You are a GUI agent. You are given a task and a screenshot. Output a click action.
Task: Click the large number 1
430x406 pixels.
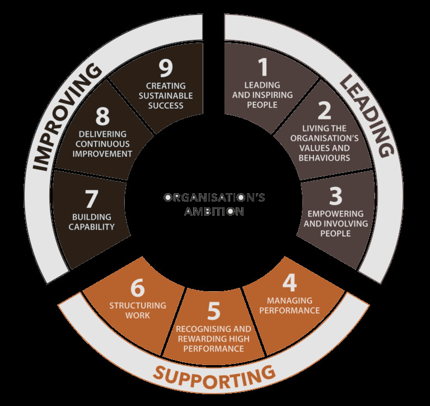[x=263, y=67]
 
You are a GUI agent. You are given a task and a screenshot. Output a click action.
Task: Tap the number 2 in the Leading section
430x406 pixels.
[x=324, y=110]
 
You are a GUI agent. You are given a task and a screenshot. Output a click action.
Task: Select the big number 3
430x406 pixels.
[x=336, y=196]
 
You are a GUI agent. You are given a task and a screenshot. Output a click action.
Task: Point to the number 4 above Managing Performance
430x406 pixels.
[x=289, y=283]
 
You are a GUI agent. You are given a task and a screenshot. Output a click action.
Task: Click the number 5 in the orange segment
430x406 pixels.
[x=214, y=311]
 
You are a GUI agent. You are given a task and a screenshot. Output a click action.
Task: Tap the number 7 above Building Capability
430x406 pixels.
[x=92, y=199]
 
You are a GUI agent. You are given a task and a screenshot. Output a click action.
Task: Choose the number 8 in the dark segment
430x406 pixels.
[x=102, y=116]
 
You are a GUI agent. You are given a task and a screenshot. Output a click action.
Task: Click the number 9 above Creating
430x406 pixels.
[x=166, y=68]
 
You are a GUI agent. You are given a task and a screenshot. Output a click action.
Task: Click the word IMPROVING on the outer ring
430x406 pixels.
[x=66, y=116]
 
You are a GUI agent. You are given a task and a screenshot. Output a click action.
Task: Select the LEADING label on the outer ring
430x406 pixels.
[x=367, y=116]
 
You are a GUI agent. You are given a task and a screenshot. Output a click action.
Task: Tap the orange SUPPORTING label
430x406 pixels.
[x=214, y=378]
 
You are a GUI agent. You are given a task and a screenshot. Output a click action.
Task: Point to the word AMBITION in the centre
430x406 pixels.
[x=214, y=212]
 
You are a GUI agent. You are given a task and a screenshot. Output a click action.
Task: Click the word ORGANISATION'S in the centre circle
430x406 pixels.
[x=214, y=198]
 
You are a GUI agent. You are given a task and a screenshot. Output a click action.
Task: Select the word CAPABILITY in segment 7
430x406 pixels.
[x=92, y=227]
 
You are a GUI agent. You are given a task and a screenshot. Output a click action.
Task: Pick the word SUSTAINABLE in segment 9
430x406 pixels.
[x=166, y=96]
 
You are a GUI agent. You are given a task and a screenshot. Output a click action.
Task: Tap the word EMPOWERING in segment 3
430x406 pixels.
[x=336, y=214]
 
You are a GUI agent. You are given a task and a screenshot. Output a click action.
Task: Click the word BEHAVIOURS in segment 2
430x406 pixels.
[x=324, y=158]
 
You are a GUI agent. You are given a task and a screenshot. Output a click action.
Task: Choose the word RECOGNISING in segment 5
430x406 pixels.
[x=200, y=329]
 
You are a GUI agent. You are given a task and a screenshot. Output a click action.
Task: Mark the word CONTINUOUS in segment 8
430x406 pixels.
[x=102, y=144]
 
